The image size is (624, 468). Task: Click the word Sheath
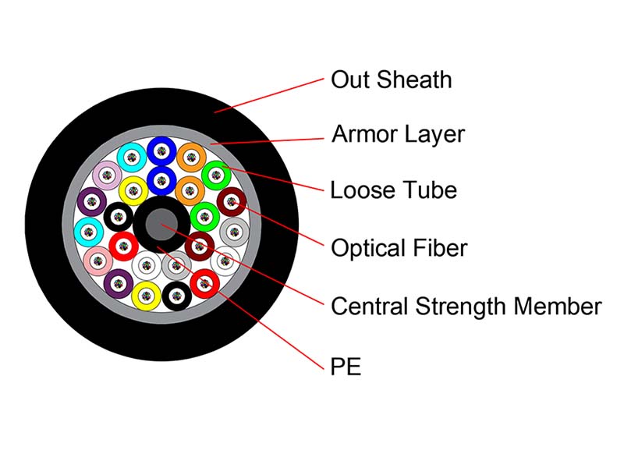point(414,80)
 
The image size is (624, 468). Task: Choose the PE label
point(346,367)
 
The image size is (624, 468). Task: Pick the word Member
point(558,307)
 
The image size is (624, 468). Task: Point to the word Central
point(369,307)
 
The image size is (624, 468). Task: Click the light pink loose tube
point(98,261)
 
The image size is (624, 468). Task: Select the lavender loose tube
point(107,175)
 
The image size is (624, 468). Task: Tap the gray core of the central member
point(161,225)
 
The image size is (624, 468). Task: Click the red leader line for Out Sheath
point(269,95)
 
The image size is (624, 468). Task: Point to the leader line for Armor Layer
point(267,141)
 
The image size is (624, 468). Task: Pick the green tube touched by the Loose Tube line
point(217,175)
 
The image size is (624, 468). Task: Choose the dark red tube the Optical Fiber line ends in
point(232,202)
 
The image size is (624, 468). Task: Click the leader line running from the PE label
point(240,308)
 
